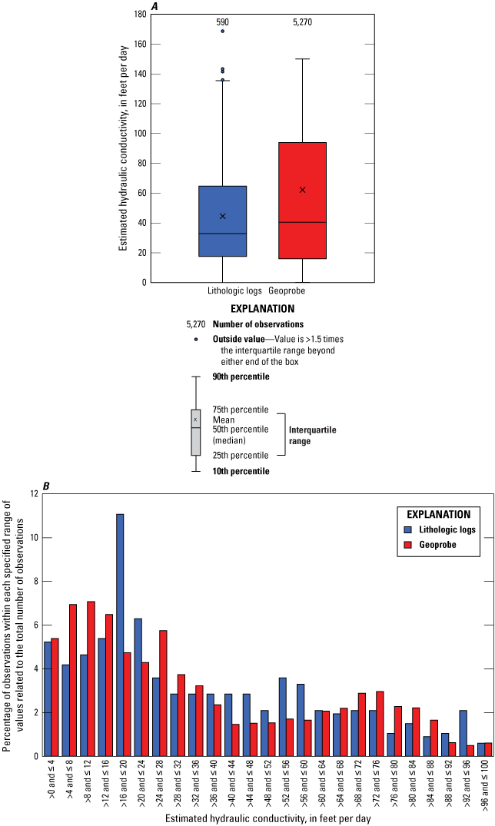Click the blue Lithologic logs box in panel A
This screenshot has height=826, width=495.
click(x=223, y=221)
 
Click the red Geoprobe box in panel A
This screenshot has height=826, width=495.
click(x=302, y=201)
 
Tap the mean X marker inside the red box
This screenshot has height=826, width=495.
click(x=302, y=190)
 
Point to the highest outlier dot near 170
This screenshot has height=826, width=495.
click(x=223, y=31)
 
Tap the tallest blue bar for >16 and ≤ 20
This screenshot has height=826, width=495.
click(x=120, y=635)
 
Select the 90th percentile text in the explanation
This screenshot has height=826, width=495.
click(x=241, y=377)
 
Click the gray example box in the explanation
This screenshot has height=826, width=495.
click(x=195, y=432)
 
